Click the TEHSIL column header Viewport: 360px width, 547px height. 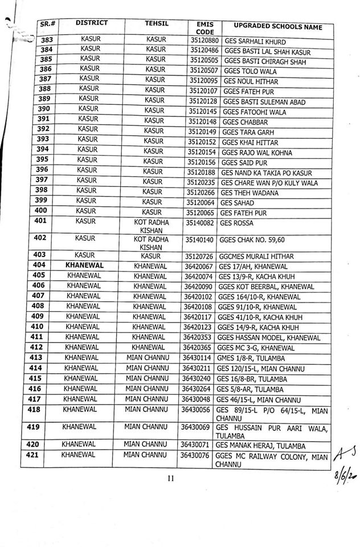click(x=155, y=24)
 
